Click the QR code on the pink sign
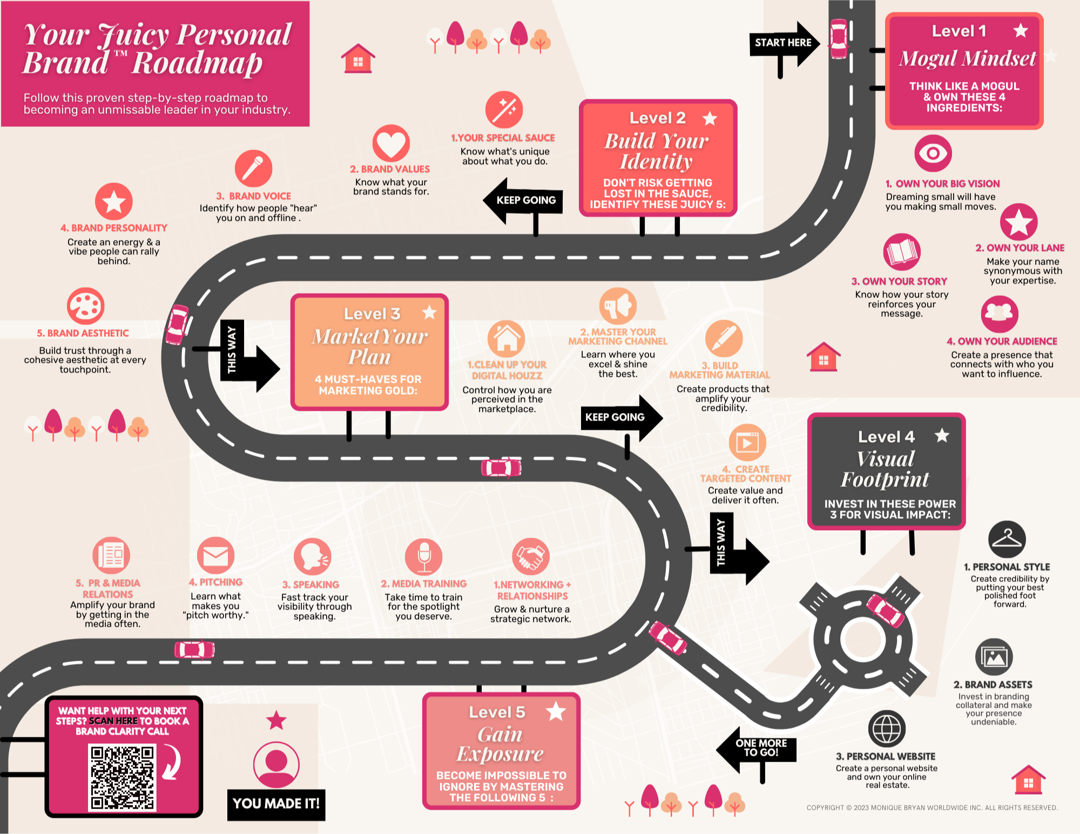coord(122,778)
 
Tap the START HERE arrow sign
coord(783,43)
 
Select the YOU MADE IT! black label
coord(276,804)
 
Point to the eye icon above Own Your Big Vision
coord(933,153)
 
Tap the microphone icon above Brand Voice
coord(253,168)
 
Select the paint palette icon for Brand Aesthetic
coord(85,306)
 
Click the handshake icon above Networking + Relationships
coord(530,557)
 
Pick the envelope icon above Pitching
coord(215,555)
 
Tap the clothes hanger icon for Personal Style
coord(1007,539)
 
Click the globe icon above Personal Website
coord(887,729)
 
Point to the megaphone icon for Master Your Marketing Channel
coord(618,306)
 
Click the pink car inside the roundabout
coord(886,611)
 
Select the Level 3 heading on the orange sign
coord(372,314)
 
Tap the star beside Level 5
coord(556,711)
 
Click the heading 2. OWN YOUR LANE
coord(1020,248)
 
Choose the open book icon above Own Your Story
coord(901,252)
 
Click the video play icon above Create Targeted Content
coord(747,443)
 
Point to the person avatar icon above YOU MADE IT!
coord(276,764)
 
